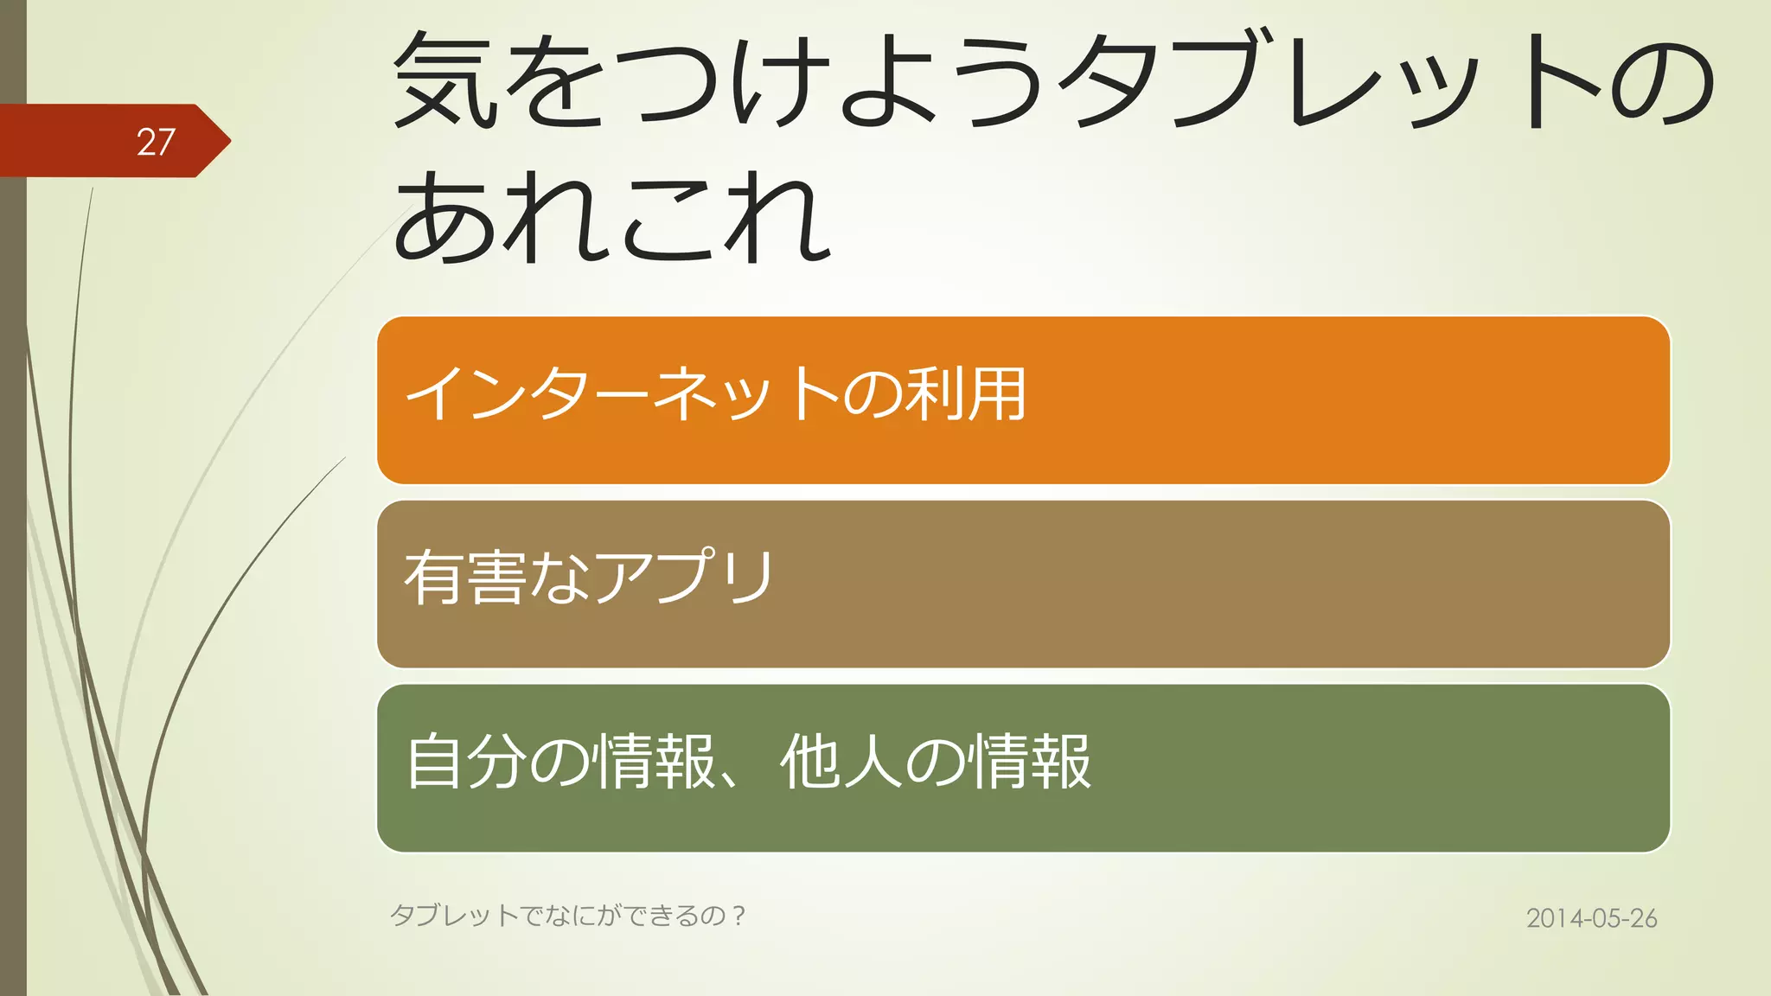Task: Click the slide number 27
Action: (156, 142)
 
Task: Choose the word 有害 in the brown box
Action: (465, 577)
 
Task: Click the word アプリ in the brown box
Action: (683, 577)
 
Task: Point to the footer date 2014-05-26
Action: (1591, 918)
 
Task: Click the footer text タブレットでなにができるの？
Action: (567, 915)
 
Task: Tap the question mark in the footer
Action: (738, 915)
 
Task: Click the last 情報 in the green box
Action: (1029, 761)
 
